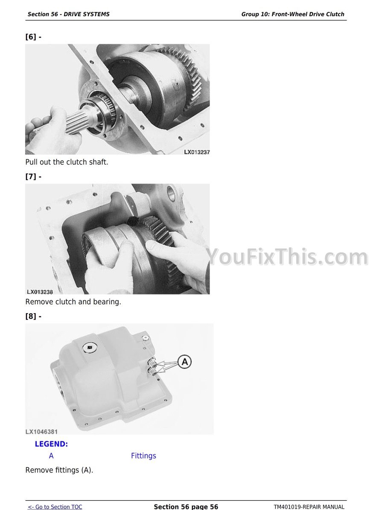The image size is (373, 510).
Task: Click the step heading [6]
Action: click(x=33, y=37)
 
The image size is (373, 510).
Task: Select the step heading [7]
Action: click(x=33, y=177)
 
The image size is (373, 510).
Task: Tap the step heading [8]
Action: click(x=33, y=316)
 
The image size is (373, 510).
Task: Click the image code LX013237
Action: click(x=197, y=152)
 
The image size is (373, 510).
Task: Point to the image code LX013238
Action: click(x=40, y=292)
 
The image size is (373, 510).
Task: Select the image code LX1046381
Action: click(x=42, y=432)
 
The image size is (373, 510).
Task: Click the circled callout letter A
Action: click(x=185, y=362)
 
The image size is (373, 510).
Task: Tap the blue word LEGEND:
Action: click(x=52, y=444)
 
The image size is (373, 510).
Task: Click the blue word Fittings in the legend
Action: click(x=143, y=456)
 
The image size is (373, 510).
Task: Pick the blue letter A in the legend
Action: click(x=51, y=456)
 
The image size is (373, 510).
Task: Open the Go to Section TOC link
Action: click(x=55, y=507)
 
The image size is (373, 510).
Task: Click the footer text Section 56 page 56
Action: click(x=186, y=507)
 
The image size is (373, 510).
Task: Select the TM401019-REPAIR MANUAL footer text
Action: click(x=309, y=507)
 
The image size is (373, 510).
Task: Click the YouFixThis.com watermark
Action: click(x=287, y=256)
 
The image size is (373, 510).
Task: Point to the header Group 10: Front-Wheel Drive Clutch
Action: click(x=292, y=14)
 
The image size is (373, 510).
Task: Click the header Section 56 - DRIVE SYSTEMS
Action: click(x=68, y=14)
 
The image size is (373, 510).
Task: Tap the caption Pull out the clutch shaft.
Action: click(x=67, y=162)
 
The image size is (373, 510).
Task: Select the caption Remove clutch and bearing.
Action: click(x=73, y=302)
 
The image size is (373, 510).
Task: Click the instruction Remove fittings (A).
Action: click(x=59, y=470)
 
